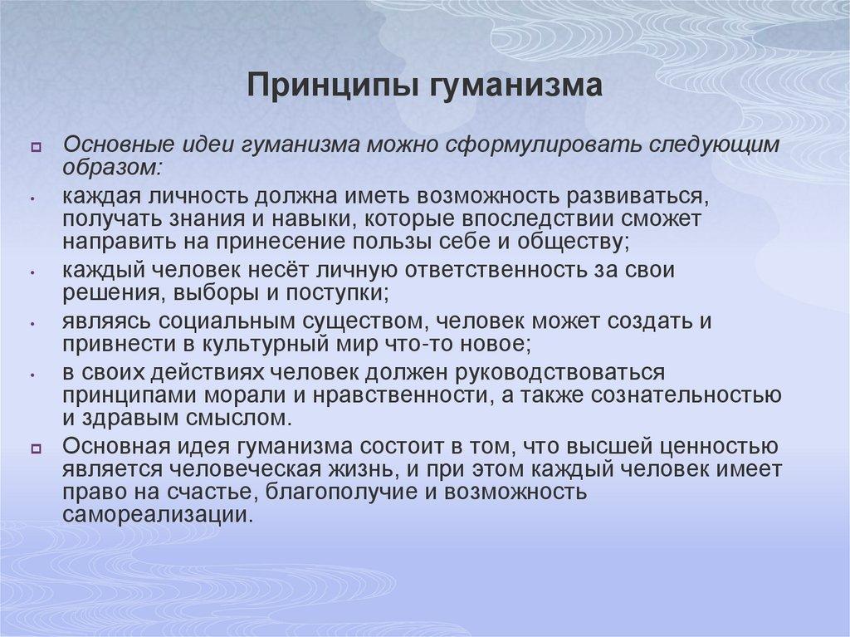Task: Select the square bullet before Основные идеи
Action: (37, 147)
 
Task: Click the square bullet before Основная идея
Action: (37, 448)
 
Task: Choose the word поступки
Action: (342, 292)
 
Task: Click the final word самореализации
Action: (159, 514)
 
